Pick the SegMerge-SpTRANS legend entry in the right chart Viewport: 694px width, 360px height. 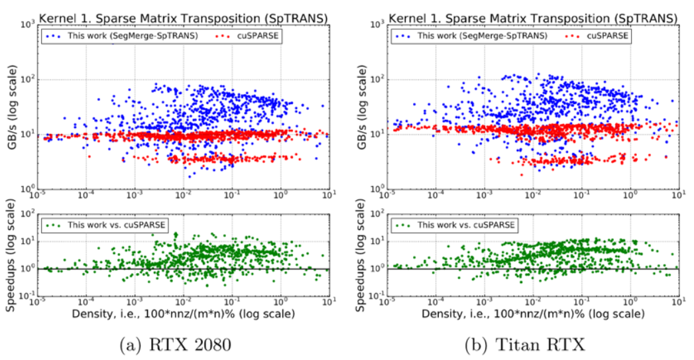click(473, 34)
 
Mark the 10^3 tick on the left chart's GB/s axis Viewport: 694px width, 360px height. click(29, 25)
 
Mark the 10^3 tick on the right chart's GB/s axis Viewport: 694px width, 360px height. click(377, 25)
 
